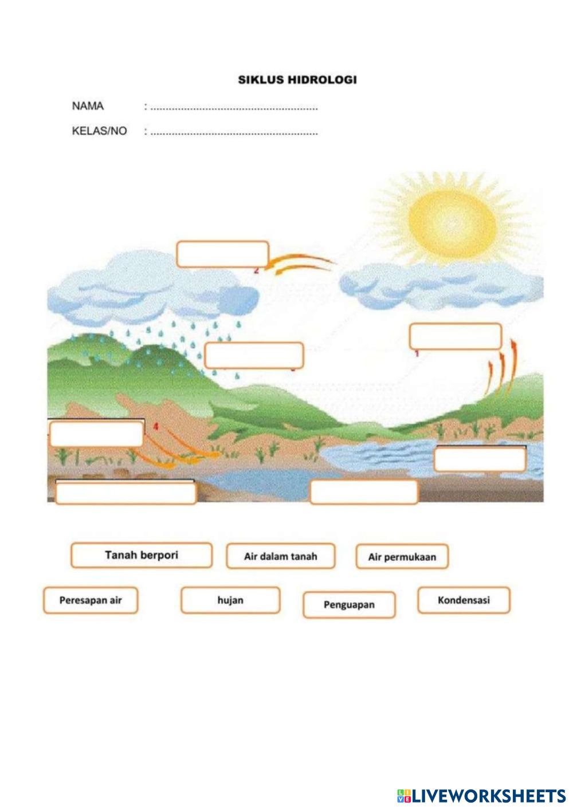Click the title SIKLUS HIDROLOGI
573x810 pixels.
pos(297,80)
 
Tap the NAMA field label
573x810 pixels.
pos(88,106)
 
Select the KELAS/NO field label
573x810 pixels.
pos(99,131)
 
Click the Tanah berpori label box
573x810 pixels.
pos(141,555)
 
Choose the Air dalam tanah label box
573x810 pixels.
pos(280,556)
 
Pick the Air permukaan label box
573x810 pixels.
pos(402,557)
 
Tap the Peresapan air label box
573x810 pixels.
pos(91,600)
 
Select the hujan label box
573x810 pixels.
pos(230,600)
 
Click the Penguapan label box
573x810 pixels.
pos(349,605)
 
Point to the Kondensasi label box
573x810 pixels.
pos(464,600)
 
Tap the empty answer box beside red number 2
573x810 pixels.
pos(222,254)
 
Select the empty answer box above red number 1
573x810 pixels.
pos(455,336)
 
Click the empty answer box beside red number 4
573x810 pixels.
pos(96,434)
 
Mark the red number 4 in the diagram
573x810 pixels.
pos(155,426)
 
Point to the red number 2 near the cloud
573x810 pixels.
pos(256,270)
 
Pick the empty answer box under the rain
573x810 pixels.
pos(253,355)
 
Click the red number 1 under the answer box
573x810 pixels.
pos(417,353)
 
